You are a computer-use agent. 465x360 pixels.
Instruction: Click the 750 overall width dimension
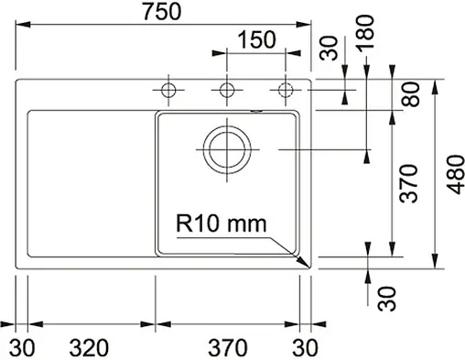pos(165,12)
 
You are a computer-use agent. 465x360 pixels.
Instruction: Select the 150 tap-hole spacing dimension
pos(255,40)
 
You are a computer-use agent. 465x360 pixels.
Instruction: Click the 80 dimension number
pos(408,94)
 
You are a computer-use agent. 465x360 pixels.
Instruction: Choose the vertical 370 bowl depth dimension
pos(408,183)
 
